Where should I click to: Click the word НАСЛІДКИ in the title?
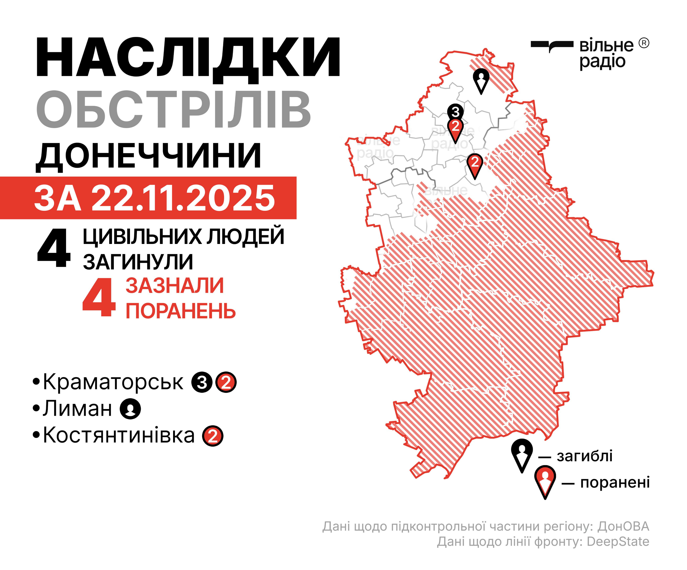click(188, 58)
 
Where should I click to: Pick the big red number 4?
click(99, 297)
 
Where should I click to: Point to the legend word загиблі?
click(585, 456)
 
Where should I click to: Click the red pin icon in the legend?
click(545, 481)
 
